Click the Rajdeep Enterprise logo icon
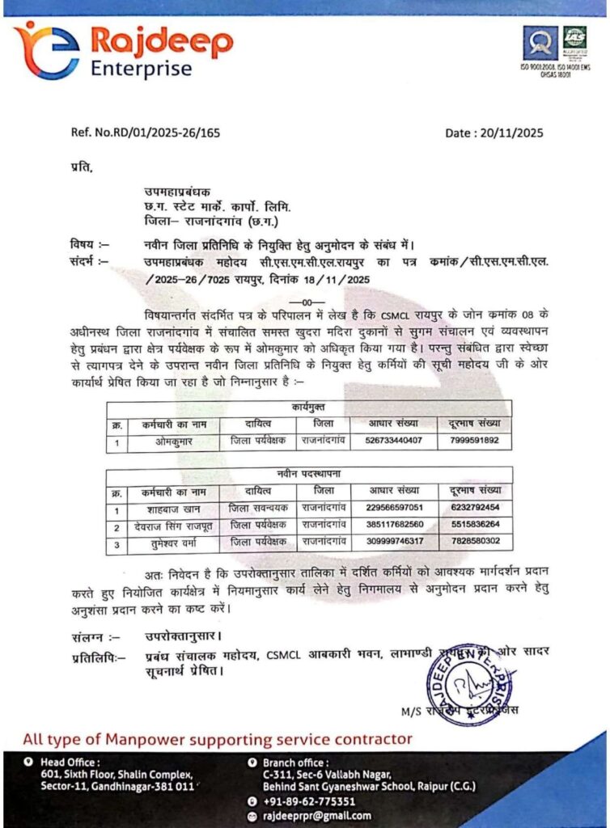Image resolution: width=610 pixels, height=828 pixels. point(47,49)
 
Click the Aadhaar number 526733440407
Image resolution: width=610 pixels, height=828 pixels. point(394,441)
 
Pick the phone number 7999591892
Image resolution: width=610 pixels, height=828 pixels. point(474,441)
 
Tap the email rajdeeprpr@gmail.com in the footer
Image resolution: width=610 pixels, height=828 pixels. point(323,816)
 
